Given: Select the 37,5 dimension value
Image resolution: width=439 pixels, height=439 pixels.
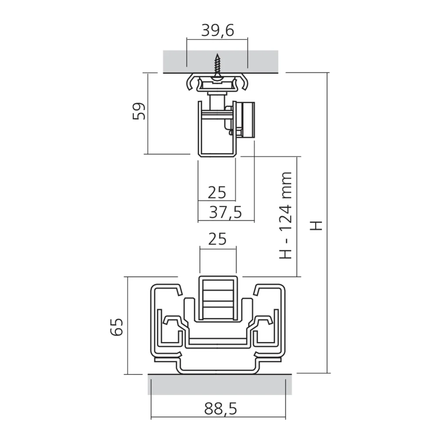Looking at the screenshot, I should [225, 212].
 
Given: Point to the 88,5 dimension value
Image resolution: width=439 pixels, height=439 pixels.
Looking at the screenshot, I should [220, 409].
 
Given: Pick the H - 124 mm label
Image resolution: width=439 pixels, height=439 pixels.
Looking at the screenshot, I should [286, 215].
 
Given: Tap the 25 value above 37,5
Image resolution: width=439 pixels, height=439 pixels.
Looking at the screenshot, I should [217, 192].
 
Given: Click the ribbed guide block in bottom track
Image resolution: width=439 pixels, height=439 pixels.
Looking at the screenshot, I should [217, 299].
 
